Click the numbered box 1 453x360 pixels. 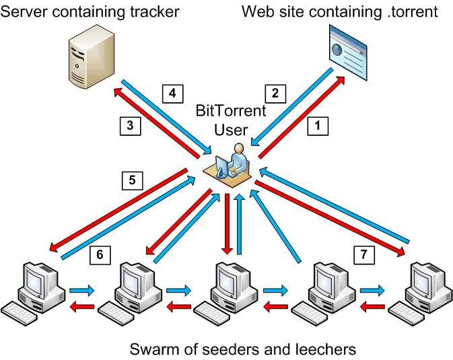click(x=318, y=126)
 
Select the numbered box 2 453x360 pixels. click(x=275, y=94)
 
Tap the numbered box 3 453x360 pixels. click(x=131, y=126)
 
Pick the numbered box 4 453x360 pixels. click(x=172, y=94)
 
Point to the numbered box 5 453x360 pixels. click(x=133, y=180)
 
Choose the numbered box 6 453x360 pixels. click(x=100, y=255)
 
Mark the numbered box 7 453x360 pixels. click(x=364, y=255)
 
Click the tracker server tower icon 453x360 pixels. click(x=92, y=57)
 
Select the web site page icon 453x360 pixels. click(x=348, y=52)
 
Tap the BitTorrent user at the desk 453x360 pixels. click(x=227, y=166)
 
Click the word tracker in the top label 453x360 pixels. click(x=154, y=12)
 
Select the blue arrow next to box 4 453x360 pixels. click(x=166, y=116)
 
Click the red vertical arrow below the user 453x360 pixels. click(x=228, y=224)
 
